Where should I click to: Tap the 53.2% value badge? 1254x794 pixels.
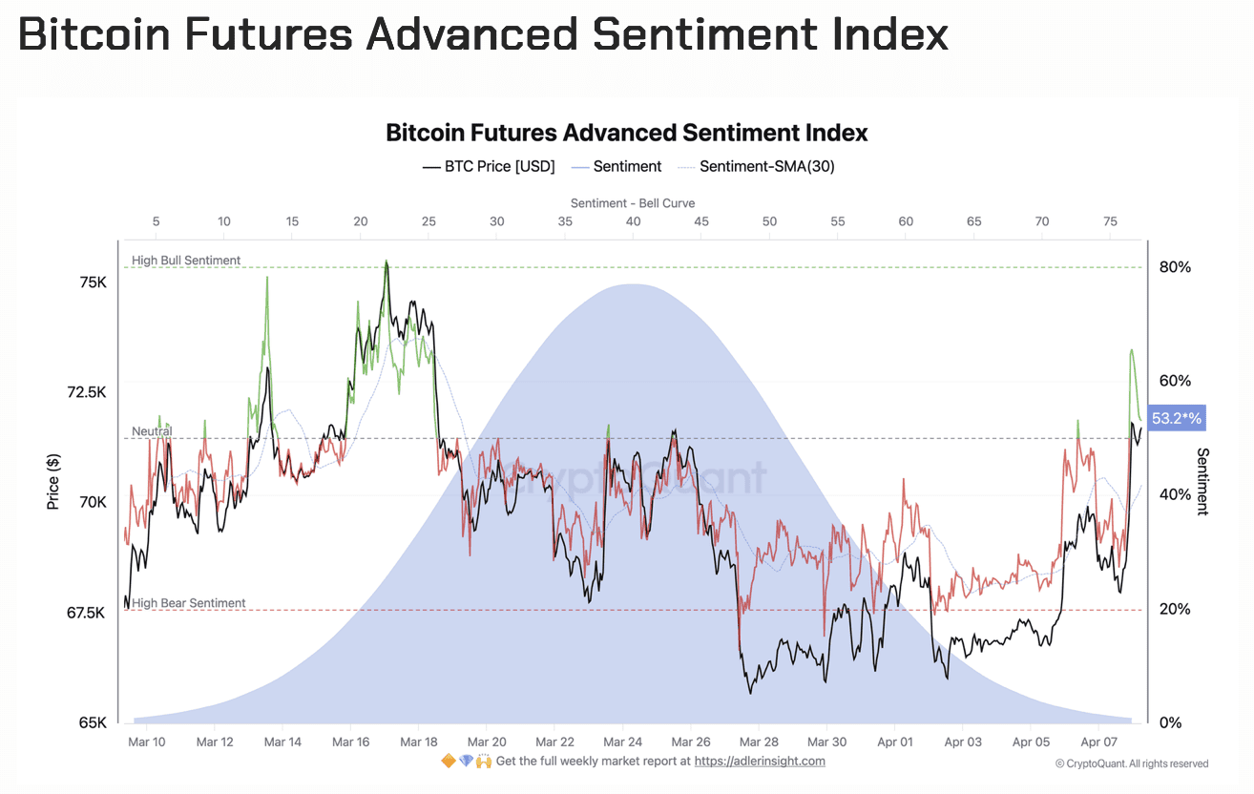pos(1177,418)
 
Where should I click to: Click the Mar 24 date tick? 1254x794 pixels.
pos(622,742)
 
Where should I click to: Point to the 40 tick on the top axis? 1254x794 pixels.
pos(633,221)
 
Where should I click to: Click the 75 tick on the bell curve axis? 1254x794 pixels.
pos(1110,221)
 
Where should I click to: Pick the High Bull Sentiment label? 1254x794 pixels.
pos(186,261)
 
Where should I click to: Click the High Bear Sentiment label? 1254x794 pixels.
pos(188,603)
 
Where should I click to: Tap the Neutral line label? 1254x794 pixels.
pos(152,431)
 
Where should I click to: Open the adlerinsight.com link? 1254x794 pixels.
pos(760,761)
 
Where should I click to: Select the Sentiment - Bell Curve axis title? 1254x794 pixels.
pos(633,203)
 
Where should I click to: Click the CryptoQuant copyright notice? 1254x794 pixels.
pos(1132,763)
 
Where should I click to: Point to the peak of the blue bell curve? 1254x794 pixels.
pos(632,284)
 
